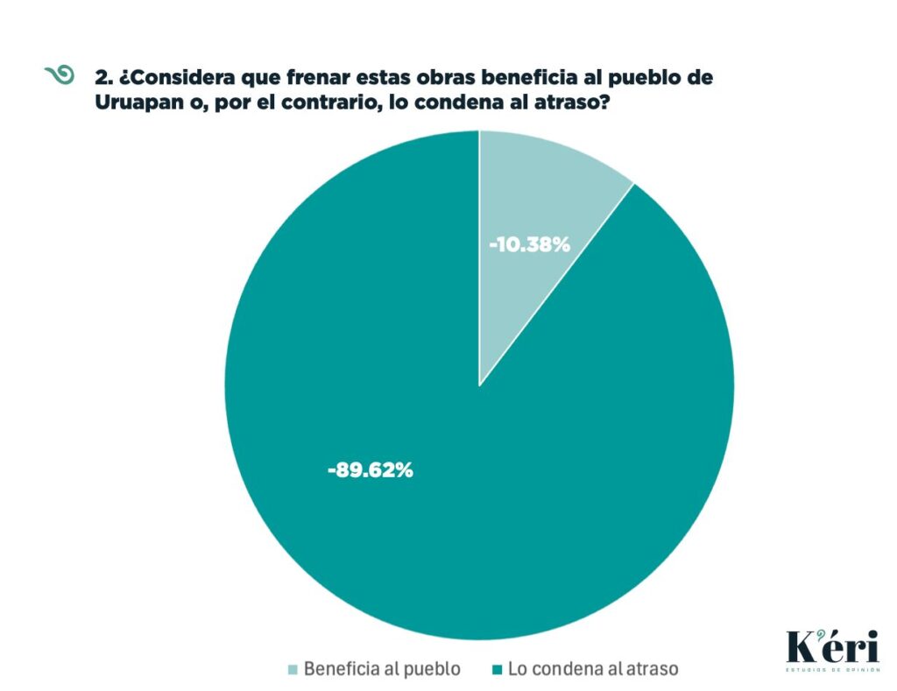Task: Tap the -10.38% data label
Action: click(x=529, y=245)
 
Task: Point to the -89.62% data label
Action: click(x=370, y=470)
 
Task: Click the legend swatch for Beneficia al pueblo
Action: click(x=293, y=670)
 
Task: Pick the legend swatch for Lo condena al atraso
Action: click(x=497, y=670)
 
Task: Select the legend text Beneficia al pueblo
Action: click(x=381, y=669)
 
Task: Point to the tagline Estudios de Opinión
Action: click(x=830, y=673)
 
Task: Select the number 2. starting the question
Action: click(x=103, y=77)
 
